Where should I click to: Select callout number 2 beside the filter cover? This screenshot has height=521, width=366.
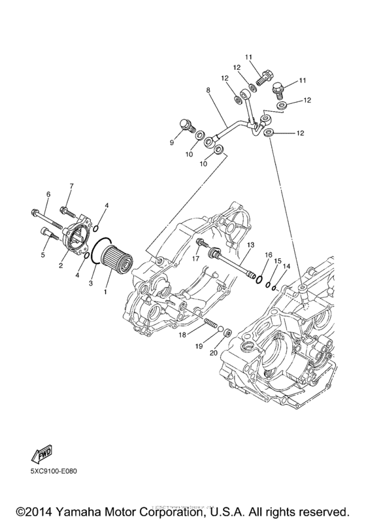point(60,265)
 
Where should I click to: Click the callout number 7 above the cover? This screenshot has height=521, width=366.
point(71,186)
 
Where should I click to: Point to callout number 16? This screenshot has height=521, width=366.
point(268,254)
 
